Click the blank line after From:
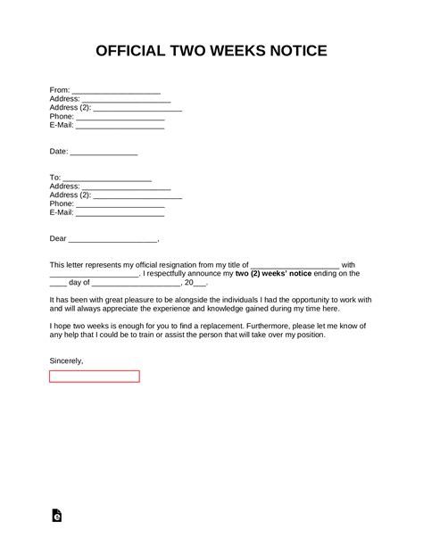115,90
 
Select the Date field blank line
104,153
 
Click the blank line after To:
107,178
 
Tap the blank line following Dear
112,239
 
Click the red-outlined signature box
95,376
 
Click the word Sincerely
67,361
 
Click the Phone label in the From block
62,117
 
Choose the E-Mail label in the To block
62,212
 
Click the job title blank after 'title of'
295,265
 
